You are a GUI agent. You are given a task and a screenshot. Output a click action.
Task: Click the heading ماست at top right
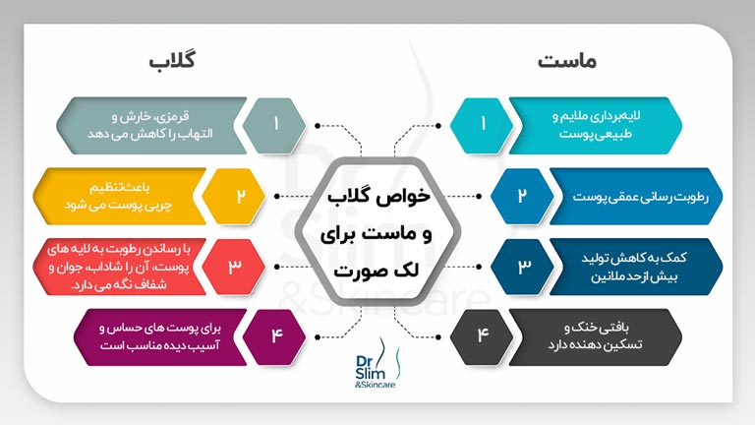(567, 61)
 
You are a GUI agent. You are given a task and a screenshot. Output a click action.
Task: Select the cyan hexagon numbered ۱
(483, 125)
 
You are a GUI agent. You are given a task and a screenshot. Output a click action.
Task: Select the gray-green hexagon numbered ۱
(277, 125)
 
